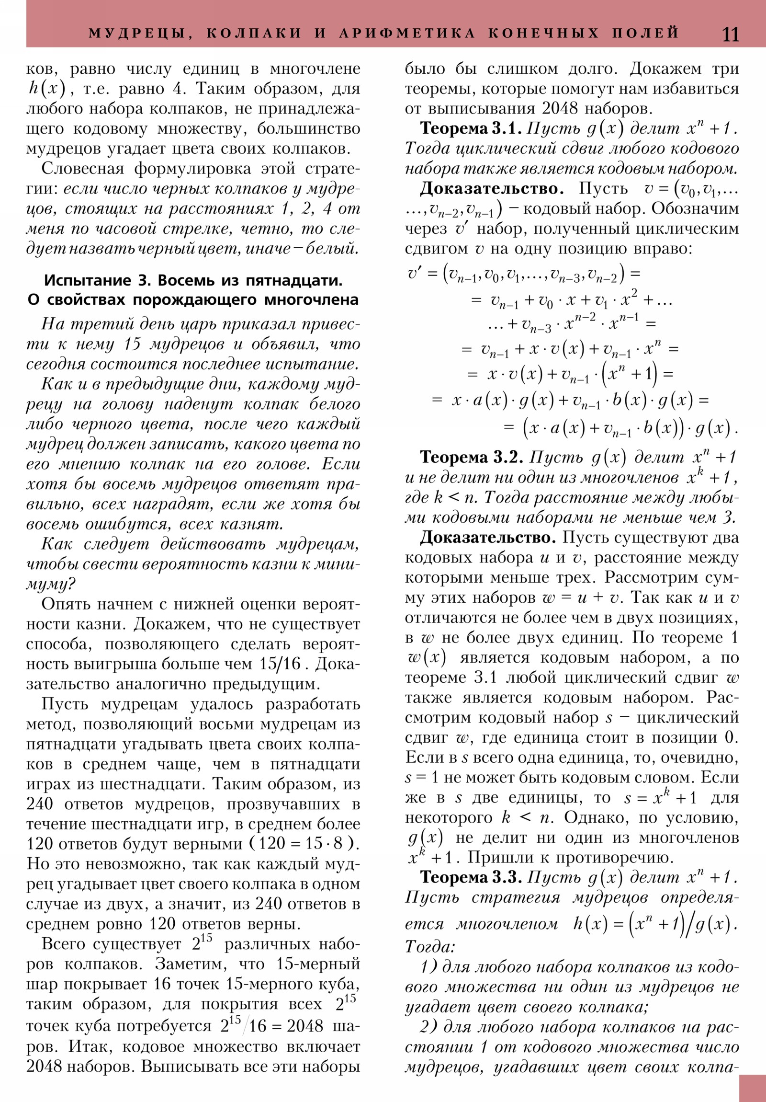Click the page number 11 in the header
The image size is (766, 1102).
[731, 34]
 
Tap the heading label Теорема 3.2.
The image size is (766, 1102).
[472, 458]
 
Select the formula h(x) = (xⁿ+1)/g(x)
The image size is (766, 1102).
[655, 923]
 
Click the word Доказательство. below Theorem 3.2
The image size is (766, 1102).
[488, 538]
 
